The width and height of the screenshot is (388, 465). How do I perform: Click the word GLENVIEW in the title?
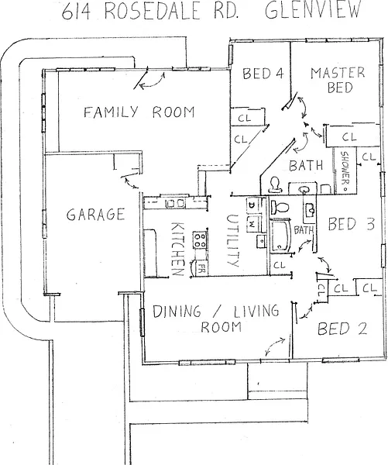(313, 9)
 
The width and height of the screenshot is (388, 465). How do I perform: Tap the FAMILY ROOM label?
(139, 112)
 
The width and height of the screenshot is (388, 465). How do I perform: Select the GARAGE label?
(95, 214)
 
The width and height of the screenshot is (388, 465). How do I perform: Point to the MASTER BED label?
(338, 80)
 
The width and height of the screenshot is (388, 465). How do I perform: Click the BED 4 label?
(263, 74)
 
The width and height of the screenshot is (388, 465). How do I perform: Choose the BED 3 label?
(352, 224)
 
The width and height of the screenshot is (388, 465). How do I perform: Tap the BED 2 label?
(342, 329)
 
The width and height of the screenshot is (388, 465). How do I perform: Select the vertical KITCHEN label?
(178, 249)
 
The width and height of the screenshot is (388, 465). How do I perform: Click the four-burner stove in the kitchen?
(200, 240)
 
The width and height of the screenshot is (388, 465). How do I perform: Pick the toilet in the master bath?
(274, 184)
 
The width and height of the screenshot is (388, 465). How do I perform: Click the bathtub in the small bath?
(280, 236)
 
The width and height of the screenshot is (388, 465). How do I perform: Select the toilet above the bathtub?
(280, 207)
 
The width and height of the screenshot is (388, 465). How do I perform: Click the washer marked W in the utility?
(252, 222)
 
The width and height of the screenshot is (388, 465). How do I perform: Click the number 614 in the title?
(76, 11)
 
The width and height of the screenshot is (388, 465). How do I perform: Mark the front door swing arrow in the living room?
(274, 346)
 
